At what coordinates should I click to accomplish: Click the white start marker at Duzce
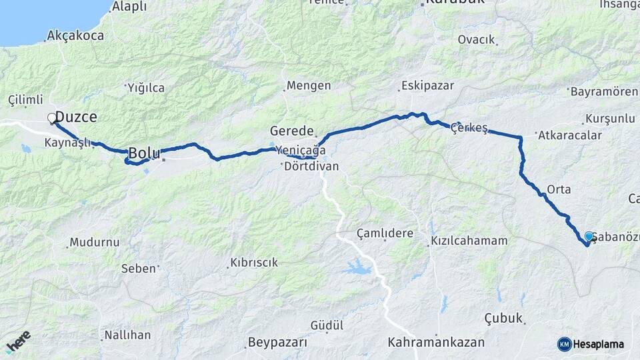point(52,119)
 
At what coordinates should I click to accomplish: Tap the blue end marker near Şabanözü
point(589,237)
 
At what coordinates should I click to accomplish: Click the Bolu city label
point(144,153)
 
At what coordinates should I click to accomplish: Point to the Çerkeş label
point(470,127)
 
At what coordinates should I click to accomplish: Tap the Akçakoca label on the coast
point(76,36)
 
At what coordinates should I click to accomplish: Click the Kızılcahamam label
point(469,241)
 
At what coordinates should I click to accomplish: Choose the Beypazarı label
point(277,343)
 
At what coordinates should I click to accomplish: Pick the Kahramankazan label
point(436,343)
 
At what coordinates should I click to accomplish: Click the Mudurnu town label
point(94,242)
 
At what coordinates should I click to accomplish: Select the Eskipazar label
point(427,85)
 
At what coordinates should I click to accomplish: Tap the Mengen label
point(308,85)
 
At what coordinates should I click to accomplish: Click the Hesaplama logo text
point(598,344)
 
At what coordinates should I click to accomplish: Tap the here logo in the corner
point(18,341)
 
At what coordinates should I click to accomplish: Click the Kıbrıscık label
point(253,263)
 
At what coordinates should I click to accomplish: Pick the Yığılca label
point(145,87)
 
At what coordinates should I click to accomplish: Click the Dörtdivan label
point(311,167)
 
